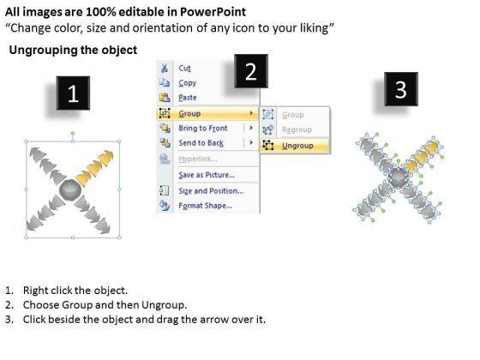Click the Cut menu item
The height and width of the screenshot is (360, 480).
[184, 68]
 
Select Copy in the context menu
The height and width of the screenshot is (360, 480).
[188, 83]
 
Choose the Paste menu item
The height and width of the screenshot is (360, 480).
[188, 98]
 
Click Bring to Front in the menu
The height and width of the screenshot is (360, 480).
[203, 128]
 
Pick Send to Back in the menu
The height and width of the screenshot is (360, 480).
[201, 143]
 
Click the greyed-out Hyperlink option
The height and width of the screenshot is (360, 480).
[198, 159]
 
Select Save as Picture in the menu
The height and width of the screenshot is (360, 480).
[207, 175]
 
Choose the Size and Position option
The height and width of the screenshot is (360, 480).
[211, 190]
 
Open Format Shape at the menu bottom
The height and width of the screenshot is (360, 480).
[205, 206]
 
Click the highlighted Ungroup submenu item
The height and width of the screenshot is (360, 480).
[297, 146]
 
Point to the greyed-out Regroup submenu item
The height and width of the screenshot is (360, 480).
[297, 129]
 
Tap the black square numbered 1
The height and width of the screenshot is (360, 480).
[73, 93]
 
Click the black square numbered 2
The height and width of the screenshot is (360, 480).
[251, 71]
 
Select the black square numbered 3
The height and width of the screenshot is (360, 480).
[401, 89]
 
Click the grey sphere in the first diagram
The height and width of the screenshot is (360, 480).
[70, 189]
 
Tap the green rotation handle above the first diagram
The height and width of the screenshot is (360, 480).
[73, 133]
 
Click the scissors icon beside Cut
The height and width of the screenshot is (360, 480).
[165, 68]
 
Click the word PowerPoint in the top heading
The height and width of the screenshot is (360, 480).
[213, 12]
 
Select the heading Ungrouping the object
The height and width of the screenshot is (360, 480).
[73, 50]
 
